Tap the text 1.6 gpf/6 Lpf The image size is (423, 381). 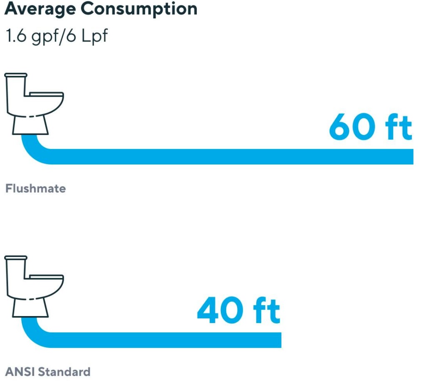pyautogui.click(x=56, y=36)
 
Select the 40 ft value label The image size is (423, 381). pyautogui.click(x=238, y=310)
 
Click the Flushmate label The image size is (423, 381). pyautogui.click(x=35, y=189)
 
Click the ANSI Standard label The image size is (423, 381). pyautogui.click(x=47, y=371)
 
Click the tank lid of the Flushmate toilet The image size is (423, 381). pyautogui.click(x=16, y=75)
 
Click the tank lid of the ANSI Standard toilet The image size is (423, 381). pyautogui.click(x=16, y=258)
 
